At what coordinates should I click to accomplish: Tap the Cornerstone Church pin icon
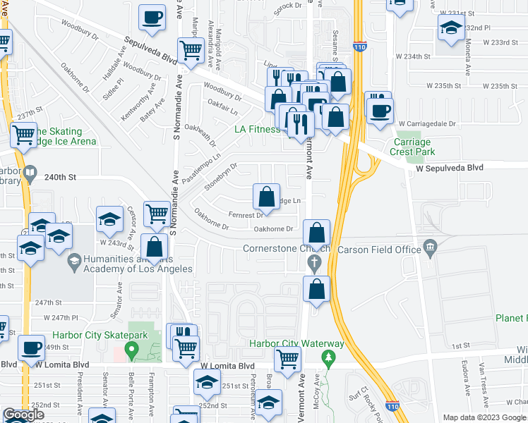pyautogui.click(x=315, y=264)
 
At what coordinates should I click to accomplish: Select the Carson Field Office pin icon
pyautogui.click(x=430, y=248)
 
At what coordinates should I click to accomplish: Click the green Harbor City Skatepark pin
pyautogui.click(x=131, y=349)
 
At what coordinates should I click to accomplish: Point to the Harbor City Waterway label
pyautogui.click(x=296, y=344)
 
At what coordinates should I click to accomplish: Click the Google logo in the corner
pyautogui.click(x=23, y=415)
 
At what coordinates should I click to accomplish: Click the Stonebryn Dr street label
pyautogui.click(x=220, y=178)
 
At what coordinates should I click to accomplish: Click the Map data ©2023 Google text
pyautogui.click(x=484, y=417)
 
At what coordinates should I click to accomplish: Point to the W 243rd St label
pyautogui.click(x=116, y=243)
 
